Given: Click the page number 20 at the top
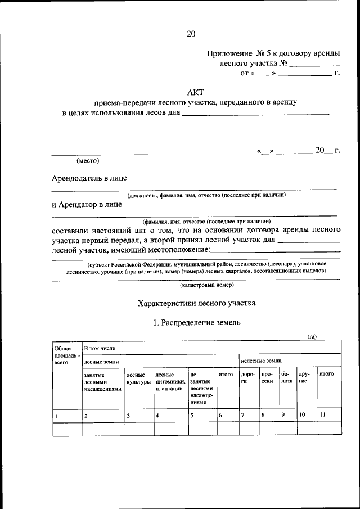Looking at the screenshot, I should pyautogui.click(x=191, y=34).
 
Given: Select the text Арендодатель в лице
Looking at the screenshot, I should pyautogui.click(x=89, y=178).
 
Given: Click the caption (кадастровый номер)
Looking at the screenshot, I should pyautogui.click(x=195, y=286).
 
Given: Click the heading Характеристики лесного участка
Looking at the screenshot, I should pyautogui.click(x=196, y=303).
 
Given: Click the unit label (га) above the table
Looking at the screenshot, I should pyautogui.click(x=312, y=336).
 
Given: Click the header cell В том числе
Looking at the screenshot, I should pyautogui.click(x=99, y=348).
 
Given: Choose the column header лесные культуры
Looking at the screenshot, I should pyautogui.click(x=138, y=378).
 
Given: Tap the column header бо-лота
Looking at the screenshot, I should pyautogui.click(x=286, y=377).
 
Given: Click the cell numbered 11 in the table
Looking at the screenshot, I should pyautogui.click(x=322, y=416).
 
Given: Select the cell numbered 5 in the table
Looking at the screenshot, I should pyautogui.click(x=192, y=416).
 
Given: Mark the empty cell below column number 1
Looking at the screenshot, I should pyautogui.click(x=66, y=429).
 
